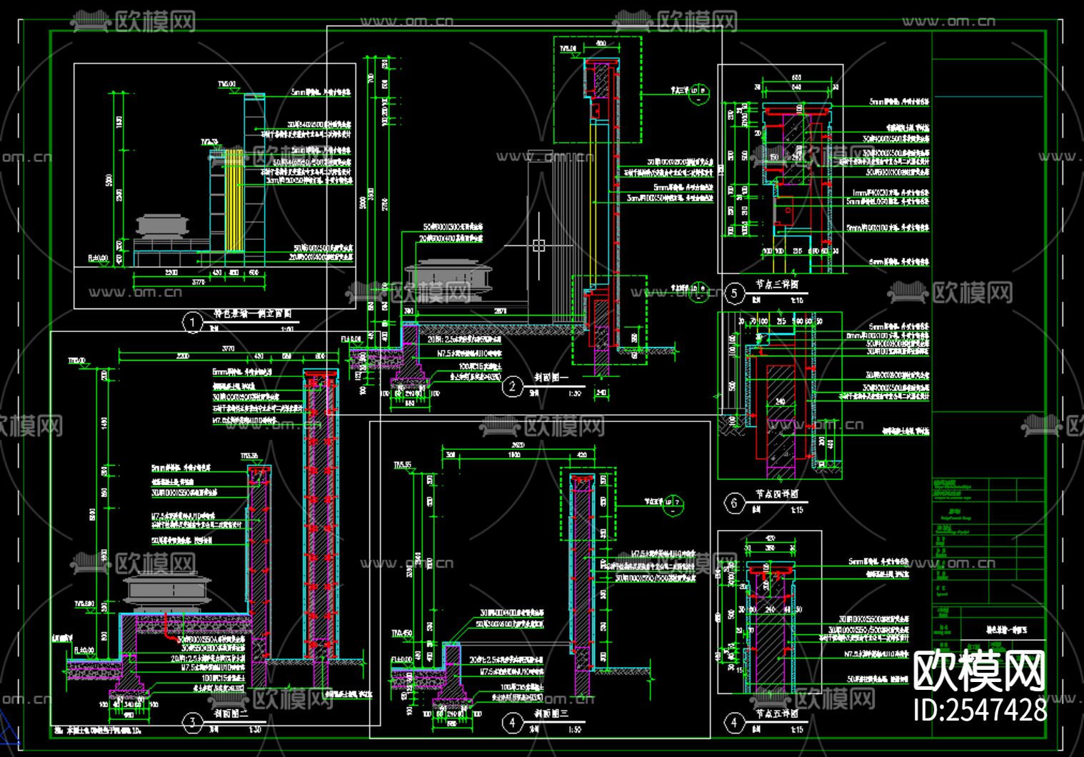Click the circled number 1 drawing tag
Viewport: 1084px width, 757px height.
click(192, 323)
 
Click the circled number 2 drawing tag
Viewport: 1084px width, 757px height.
click(512, 387)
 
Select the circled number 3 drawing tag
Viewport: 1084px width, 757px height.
click(192, 723)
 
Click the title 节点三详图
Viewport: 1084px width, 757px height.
click(777, 285)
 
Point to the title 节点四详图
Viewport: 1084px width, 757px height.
click(777, 494)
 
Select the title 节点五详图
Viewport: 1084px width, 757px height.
click(777, 714)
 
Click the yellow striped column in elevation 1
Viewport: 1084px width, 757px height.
click(234, 200)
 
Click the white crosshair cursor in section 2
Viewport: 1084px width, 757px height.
click(538, 246)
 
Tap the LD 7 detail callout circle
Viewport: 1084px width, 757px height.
click(673, 505)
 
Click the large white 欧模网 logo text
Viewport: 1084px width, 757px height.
click(980, 671)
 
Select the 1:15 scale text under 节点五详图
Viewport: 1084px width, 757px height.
click(796, 729)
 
